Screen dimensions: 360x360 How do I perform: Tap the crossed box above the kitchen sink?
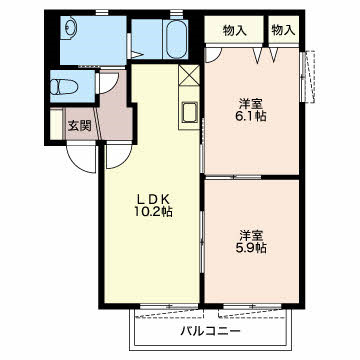pyautogui.click(x=190, y=77)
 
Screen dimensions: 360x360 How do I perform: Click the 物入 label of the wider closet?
pyautogui.click(x=235, y=30)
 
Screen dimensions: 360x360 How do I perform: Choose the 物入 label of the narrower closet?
pyautogui.click(x=283, y=30)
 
